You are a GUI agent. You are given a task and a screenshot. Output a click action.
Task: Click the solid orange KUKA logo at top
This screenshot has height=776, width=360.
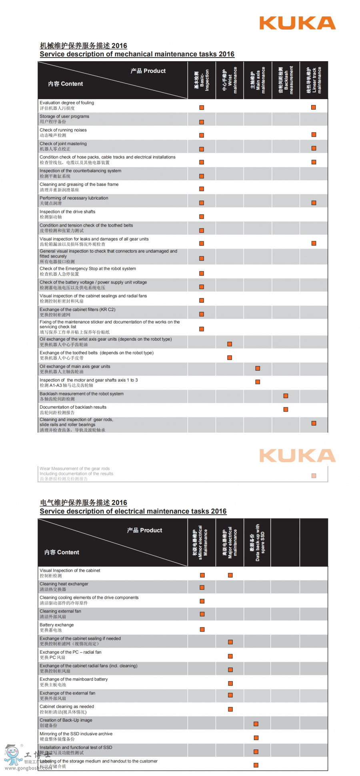297,23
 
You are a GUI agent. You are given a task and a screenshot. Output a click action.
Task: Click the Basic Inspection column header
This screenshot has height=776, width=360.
202,80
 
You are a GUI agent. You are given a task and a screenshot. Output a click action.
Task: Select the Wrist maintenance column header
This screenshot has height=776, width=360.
230,80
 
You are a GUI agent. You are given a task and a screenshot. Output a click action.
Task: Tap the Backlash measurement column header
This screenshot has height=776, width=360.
286,80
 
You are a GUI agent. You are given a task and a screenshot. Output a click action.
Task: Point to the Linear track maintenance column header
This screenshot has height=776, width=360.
314,80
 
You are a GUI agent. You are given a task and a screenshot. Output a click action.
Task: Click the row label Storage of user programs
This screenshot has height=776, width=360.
64,116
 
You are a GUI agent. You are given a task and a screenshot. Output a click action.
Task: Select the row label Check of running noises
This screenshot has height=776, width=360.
63,130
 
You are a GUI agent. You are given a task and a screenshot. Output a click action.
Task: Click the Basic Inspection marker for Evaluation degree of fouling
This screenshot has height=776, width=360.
202,108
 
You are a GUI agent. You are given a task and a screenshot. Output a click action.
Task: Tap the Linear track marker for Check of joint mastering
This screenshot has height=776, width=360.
314,148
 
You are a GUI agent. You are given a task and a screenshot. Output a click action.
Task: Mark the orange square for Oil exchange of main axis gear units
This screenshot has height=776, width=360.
258,368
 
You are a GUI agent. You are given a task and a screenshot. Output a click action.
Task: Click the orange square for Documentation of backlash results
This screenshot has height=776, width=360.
286,409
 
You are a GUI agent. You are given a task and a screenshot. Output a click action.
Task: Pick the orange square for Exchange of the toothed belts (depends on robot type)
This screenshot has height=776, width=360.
230,357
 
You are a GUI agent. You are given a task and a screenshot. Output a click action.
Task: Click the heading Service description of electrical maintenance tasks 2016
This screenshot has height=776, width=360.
133,511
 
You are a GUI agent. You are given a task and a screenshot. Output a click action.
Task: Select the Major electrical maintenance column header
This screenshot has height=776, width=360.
230,542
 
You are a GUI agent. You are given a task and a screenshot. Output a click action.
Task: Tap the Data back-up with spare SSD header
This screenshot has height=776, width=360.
258,542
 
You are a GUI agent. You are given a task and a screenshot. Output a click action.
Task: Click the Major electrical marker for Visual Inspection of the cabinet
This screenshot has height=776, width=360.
230,575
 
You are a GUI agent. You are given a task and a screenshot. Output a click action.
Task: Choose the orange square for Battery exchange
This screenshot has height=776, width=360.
202,629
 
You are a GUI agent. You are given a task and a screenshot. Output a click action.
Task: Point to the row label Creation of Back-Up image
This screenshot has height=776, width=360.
66,720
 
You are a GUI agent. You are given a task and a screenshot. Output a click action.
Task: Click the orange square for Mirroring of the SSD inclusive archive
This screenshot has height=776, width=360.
256,738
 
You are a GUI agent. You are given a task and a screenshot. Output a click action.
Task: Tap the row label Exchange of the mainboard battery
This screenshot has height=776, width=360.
74,679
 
